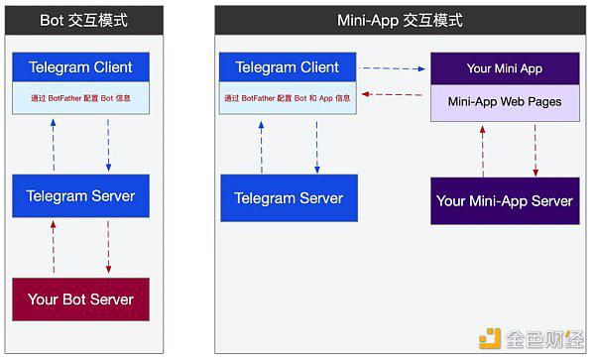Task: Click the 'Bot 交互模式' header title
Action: [x=83, y=20]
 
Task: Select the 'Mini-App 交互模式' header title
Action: [x=400, y=20]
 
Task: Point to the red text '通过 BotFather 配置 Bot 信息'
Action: [x=81, y=98]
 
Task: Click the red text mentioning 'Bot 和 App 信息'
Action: [x=288, y=98]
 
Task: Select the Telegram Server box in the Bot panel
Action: [x=81, y=196]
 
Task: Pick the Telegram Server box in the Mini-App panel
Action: [x=290, y=198]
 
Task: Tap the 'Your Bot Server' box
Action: [x=81, y=300]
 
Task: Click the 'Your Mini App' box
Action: [x=505, y=68]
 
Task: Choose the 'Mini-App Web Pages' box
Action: [x=505, y=102]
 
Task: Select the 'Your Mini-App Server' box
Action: [x=505, y=200]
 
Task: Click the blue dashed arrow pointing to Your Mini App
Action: [x=392, y=68]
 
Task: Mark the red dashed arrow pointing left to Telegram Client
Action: [x=392, y=94]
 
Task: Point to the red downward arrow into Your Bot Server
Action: [x=108, y=247]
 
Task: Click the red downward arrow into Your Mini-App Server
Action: [x=535, y=151]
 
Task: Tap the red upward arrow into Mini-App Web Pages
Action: [x=483, y=152]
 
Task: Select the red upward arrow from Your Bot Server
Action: [x=54, y=247]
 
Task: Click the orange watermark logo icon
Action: [x=490, y=338]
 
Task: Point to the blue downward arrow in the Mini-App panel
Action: [x=317, y=147]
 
